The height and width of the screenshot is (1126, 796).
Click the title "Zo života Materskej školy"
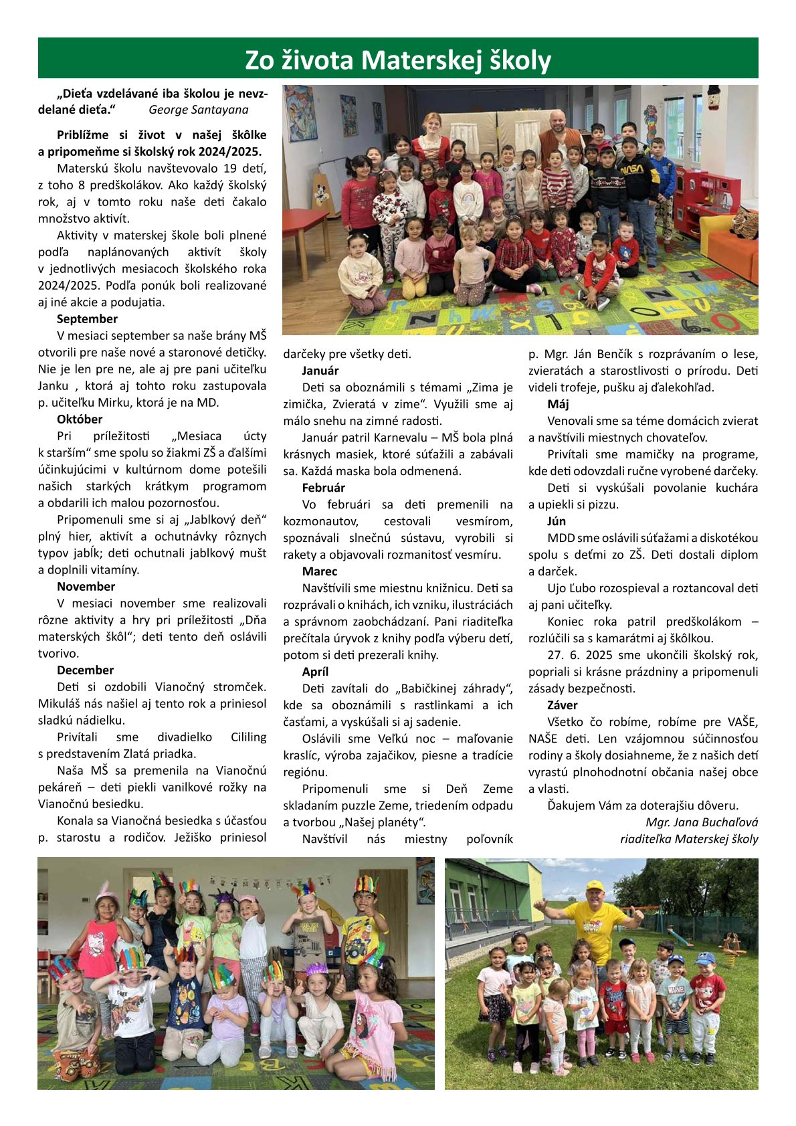click(x=398, y=60)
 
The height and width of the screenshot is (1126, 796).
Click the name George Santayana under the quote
click(x=198, y=110)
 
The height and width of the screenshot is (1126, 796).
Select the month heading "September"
click(x=87, y=319)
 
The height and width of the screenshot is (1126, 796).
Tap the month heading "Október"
click(x=80, y=419)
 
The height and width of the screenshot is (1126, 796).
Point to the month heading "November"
click(x=86, y=587)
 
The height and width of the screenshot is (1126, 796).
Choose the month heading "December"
click(x=85, y=670)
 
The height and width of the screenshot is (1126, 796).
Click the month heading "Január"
click(x=320, y=371)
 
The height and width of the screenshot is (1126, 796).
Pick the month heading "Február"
click(x=323, y=488)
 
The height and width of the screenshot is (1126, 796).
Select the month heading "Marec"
click(x=320, y=571)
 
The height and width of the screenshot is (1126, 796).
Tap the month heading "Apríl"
click(x=315, y=672)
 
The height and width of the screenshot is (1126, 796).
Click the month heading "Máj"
click(x=558, y=404)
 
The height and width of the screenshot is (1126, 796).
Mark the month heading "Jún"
click(x=557, y=521)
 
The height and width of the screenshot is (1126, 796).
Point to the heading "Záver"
click(x=562, y=705)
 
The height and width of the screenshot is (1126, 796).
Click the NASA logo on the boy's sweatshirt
click(x=631, y=169)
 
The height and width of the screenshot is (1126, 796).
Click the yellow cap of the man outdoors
click(x=595, y=884)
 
